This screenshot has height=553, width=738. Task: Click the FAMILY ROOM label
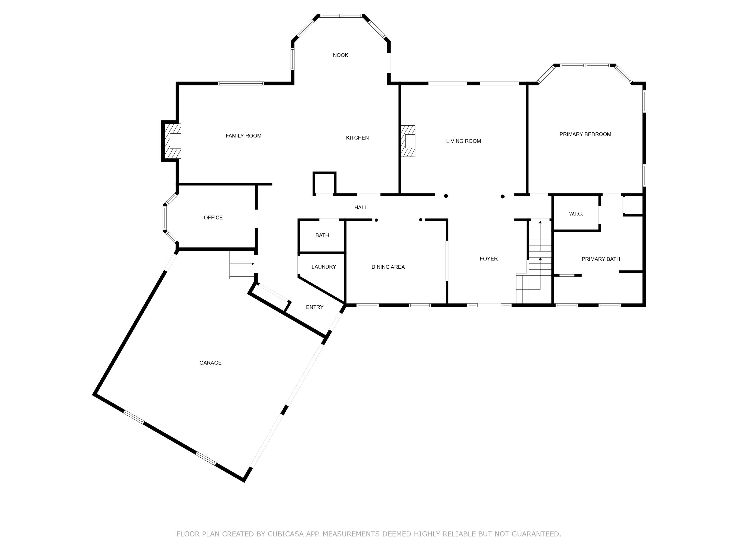243,136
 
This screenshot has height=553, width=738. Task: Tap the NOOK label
340,55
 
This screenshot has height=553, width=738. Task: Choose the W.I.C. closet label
576,214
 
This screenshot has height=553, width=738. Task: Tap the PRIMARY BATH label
600,259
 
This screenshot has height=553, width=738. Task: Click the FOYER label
489,259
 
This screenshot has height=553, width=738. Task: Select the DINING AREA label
388,267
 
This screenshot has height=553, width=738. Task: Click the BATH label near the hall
322,235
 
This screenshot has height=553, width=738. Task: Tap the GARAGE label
210,363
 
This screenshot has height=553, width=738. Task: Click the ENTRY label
314,307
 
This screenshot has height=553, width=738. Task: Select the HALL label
360,207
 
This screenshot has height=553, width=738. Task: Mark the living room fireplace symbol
408,141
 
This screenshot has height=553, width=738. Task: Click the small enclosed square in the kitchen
324,183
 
